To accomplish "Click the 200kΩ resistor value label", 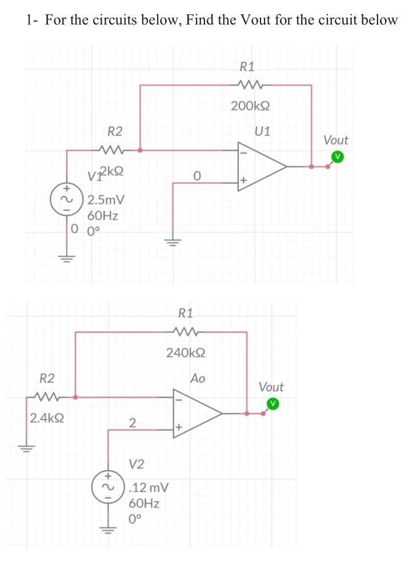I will [250, 106].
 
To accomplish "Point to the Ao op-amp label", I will [198, 378].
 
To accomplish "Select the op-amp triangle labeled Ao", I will [197, 412].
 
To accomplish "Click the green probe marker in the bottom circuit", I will [274, 403].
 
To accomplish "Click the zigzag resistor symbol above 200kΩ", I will [250, 85].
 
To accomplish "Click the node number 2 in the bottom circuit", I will [132, 423].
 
